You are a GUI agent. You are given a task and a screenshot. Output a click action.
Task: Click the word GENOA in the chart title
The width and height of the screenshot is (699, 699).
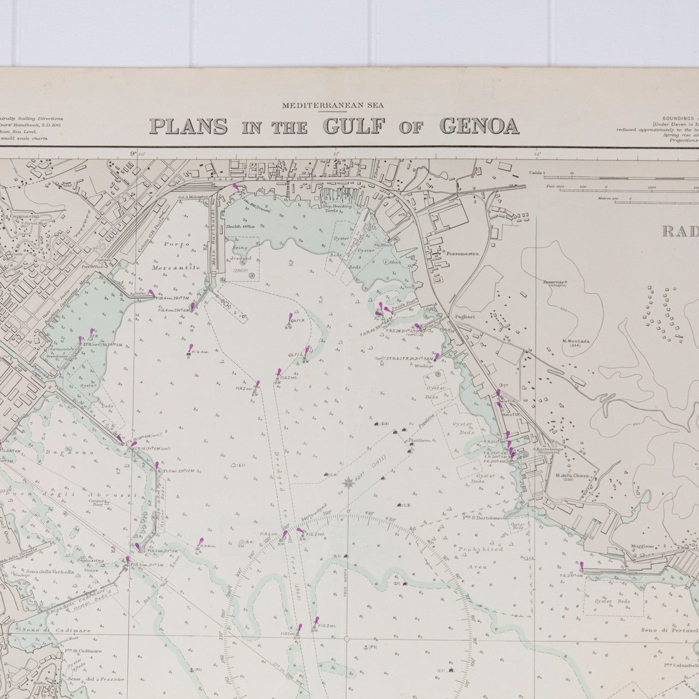[479, 126]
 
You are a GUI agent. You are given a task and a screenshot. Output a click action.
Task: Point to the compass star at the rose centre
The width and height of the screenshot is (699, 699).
[347, 482]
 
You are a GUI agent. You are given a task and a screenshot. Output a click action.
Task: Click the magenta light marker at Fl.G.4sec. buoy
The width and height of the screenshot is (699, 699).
[189, 348]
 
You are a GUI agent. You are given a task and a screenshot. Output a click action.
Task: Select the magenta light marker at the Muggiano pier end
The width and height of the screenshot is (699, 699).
[582, 566]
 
